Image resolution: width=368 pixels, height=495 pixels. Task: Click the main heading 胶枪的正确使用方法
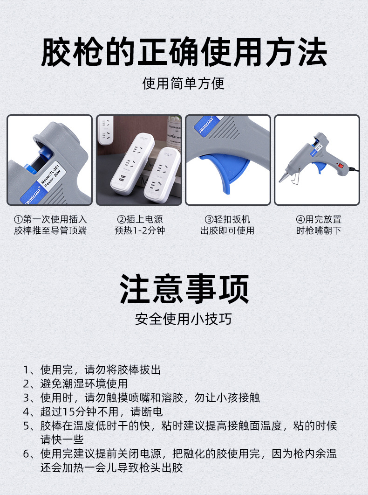pyautogui.click(x=184, y=53)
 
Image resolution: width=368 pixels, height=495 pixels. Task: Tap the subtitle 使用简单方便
pyautogui.click(x=184, y=84)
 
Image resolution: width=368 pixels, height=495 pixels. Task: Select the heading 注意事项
pyautogui.click(x=184, y=289)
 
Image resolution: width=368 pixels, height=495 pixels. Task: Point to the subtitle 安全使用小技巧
pyautogui.click(x=184, y=319)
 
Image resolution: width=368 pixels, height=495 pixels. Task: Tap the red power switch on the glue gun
pyautogui.click(x=341, y=164)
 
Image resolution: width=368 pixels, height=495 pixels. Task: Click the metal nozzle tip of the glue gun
pyautogui.click(x=283, y=178)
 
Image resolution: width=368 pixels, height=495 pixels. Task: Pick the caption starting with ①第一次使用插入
pyautogui.click(x=50, y=225)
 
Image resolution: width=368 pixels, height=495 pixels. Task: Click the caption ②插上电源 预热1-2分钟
pyautogui.click(x=139, y=225)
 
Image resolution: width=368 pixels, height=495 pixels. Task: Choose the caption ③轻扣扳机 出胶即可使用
pyautogui.click(x=227, y=225)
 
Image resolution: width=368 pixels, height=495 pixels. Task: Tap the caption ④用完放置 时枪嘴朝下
pyautogui.click(x=319, y=225)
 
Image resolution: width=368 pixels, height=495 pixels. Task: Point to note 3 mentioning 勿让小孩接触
pyautogui.click(x=142, y=398)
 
